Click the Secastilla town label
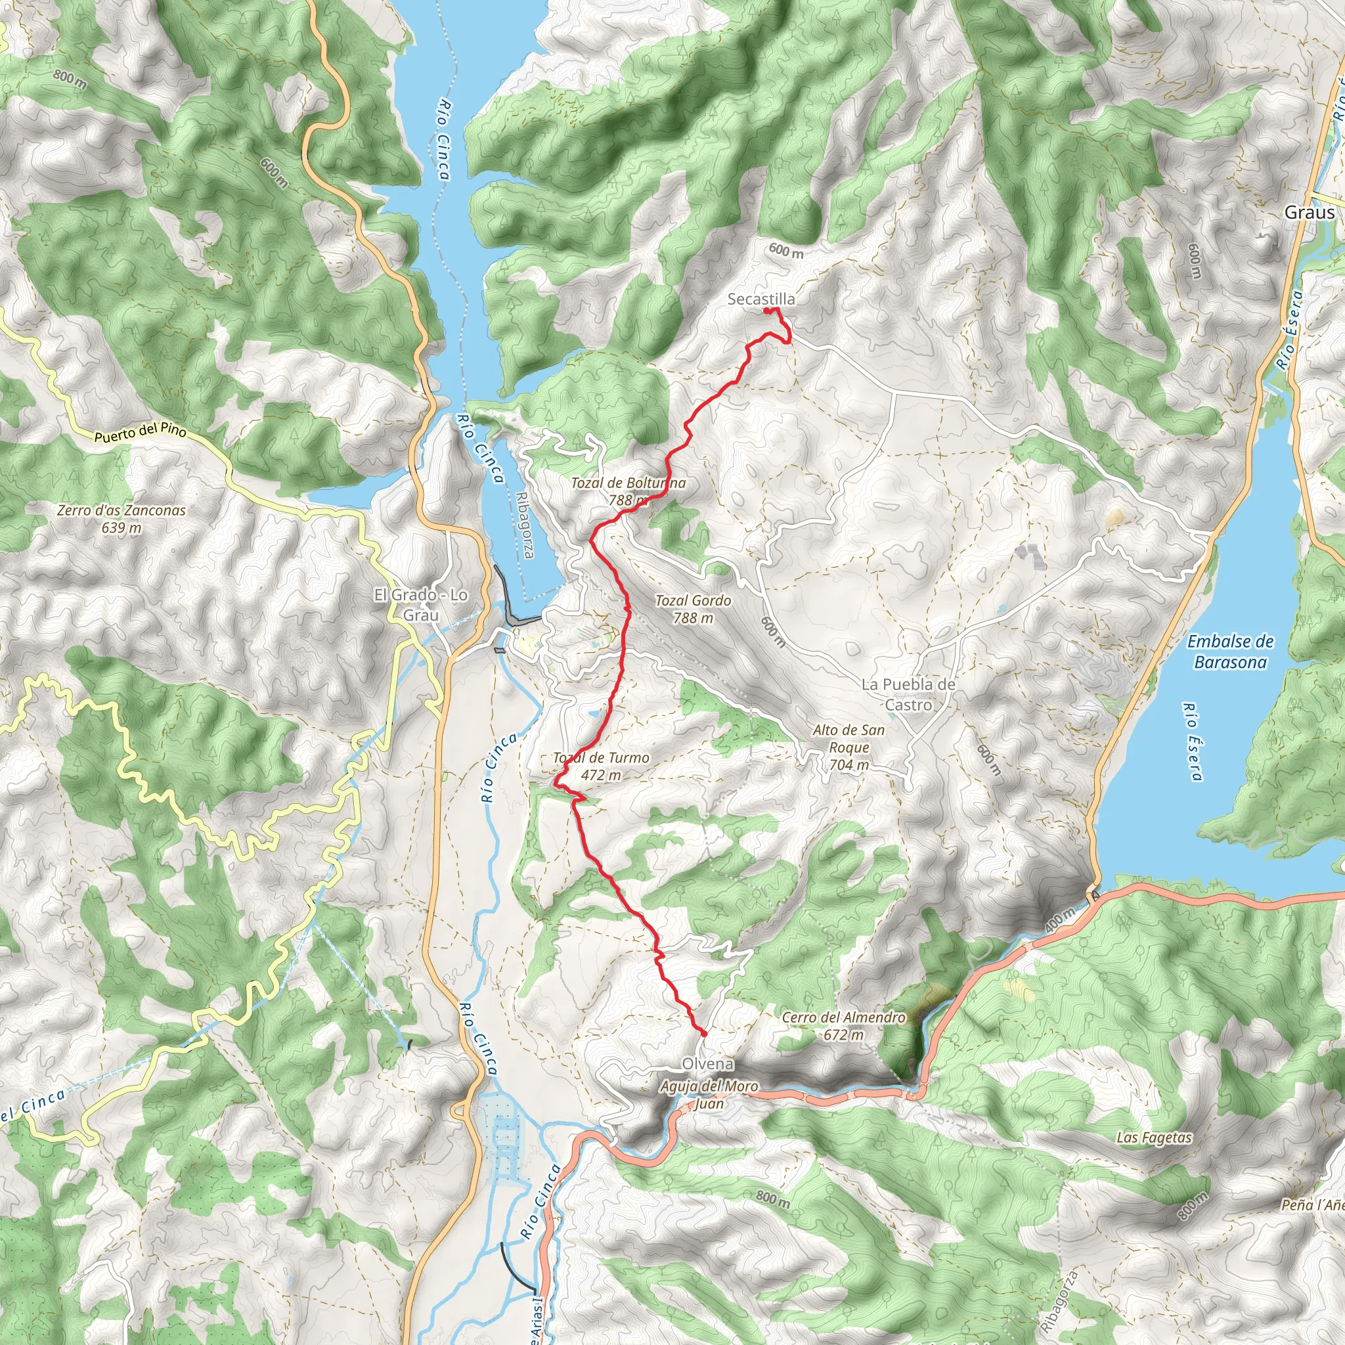pos(761,299)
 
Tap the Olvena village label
pos(707,1064)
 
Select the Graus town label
pos(1310,212)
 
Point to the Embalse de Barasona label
pos(1230,651)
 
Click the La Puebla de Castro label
pos(908,694)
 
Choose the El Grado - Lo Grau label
pos(420,604)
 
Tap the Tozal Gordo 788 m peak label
pos(693,608)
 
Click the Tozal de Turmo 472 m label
pos(601,766)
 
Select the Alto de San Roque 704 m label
pos(849,747)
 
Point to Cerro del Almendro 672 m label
pos(843,1025)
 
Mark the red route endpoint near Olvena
pos(704,1034)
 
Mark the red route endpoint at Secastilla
pos(766,311)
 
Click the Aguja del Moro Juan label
pos(709,1094)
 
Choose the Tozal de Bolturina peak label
pos(628,491)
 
